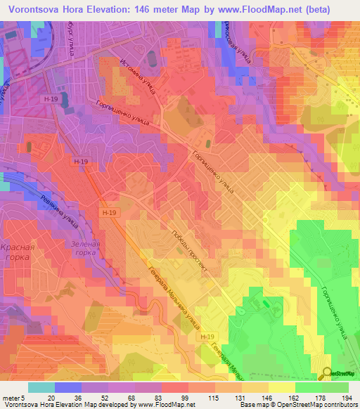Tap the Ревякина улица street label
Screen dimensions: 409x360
coord(60,211)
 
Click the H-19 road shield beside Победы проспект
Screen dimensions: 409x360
coord(108,212)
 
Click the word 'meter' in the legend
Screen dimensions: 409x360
coord(12,397)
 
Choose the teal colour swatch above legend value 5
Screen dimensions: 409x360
coord(41,387)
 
